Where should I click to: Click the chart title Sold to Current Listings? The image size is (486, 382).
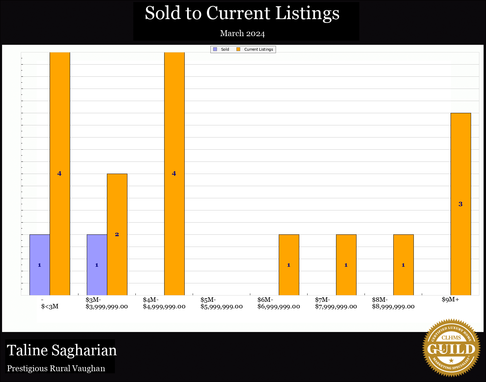pos(242,13)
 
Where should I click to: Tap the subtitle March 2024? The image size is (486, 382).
pos(242,33)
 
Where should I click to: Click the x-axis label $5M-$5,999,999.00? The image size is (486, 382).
pos(221,303)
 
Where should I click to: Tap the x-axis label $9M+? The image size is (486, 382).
pos(450,300)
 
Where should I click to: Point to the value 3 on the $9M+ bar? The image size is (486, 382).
pos(461,204)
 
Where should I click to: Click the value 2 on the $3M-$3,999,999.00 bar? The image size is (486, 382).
pos(117,234)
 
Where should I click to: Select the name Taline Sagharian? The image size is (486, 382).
pos(62,350)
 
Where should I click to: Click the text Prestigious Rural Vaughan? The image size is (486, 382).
pos(56,368)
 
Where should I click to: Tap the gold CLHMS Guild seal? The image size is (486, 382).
pos(451,348)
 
